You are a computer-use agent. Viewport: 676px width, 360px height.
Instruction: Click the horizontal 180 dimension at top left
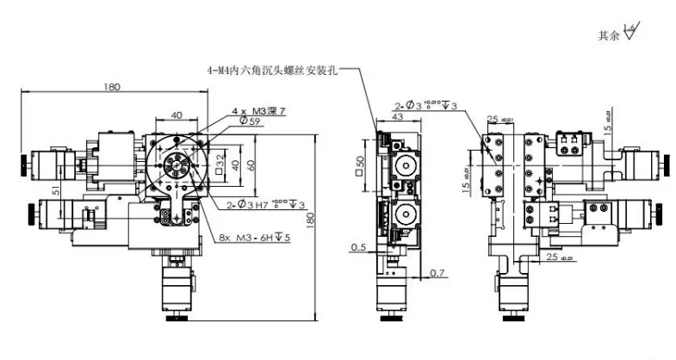tap(111, 86)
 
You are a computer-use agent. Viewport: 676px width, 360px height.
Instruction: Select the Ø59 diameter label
tap(250, 121)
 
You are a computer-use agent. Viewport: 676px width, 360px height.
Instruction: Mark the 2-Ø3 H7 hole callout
tap(263, 204)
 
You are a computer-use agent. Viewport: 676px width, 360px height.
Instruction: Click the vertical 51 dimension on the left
tap(56, 192)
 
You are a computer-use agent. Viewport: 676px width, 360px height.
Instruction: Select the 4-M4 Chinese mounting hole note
tap(271, 70)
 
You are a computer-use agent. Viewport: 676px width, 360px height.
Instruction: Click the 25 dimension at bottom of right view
tap(552, 256)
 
